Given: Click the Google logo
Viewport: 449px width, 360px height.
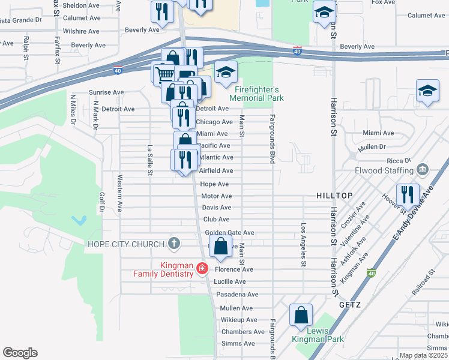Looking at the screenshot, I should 20,353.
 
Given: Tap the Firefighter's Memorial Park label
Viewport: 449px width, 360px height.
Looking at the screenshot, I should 258,92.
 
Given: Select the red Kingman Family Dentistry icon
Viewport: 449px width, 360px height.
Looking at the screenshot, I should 203,268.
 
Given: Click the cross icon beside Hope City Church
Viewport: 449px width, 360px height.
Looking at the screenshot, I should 174,244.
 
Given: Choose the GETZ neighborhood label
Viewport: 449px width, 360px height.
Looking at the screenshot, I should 349,305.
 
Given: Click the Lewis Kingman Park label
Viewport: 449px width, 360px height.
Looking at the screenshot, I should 318,335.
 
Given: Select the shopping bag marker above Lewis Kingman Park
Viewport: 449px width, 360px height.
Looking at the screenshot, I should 301,314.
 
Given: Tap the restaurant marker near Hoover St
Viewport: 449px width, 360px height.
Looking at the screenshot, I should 408,193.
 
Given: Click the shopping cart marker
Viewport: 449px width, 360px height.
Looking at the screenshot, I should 163,74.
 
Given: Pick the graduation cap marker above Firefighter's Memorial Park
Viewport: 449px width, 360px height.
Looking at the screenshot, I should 226,72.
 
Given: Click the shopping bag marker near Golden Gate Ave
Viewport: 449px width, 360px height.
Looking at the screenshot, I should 221,246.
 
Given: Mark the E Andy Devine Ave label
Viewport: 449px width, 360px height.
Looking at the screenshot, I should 412,214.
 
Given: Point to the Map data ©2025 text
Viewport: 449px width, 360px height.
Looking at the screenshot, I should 424,355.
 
